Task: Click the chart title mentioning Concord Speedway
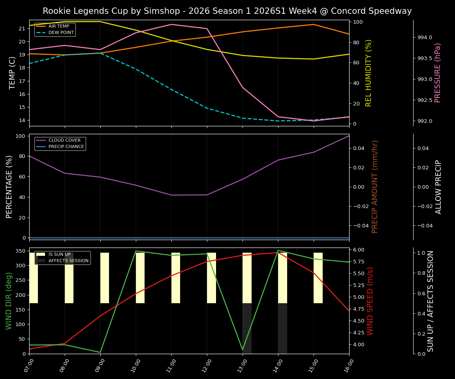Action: (227, 11)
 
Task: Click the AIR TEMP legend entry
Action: (58, 26)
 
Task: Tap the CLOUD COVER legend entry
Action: (64, 141)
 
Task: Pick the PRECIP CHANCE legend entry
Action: (66, 147)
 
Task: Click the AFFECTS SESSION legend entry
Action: (68, 261)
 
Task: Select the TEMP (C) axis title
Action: (13, 73)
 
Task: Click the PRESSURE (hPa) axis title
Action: (438, 73)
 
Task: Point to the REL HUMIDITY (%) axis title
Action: (369, 73)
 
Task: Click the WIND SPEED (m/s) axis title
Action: (370, 301)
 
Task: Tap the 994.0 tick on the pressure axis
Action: (425, 38)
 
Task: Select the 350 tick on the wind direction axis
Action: (20, 251)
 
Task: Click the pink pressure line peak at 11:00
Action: (171, 24)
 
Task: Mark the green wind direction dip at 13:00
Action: (243, 350)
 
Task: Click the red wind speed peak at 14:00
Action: (278, 253)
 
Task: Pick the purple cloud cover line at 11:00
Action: (171, 195)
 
